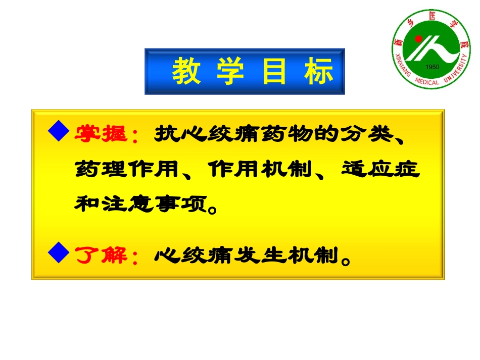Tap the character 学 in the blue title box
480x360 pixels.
point(230,71)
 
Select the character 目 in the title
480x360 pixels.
point(274,71)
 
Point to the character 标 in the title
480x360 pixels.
point(319,71)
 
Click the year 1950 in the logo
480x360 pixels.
point(432,67)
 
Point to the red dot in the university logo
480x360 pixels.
point(418,38)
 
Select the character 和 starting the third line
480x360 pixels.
point(86,203)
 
